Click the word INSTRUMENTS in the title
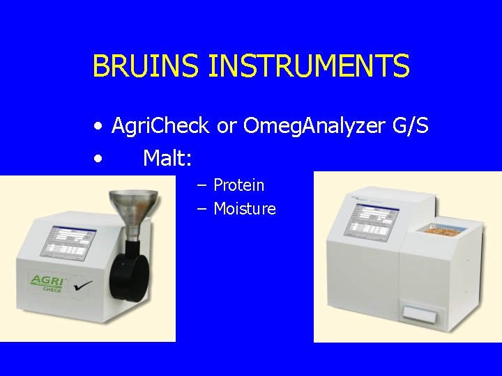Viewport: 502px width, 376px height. point(309,67)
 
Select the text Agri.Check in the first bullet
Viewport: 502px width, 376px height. point(160,126)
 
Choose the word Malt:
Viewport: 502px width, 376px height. point(167,158)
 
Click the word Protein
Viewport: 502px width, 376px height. point(238,185)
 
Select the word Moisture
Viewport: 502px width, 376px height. point(245,209)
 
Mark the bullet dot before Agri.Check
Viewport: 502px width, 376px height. point(100,127)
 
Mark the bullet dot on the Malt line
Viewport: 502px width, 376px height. point(100,159)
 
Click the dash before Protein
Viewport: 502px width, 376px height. point(201,186)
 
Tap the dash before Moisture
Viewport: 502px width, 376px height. point(201,210)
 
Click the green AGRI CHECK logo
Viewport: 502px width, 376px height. point(47,283)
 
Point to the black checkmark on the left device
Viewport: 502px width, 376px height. point(84,285)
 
